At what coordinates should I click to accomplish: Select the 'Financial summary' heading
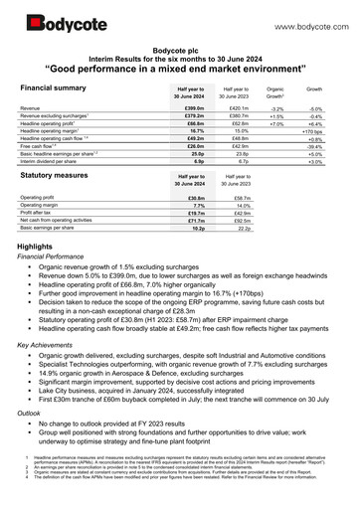53,88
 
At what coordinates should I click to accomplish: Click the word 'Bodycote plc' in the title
179,47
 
